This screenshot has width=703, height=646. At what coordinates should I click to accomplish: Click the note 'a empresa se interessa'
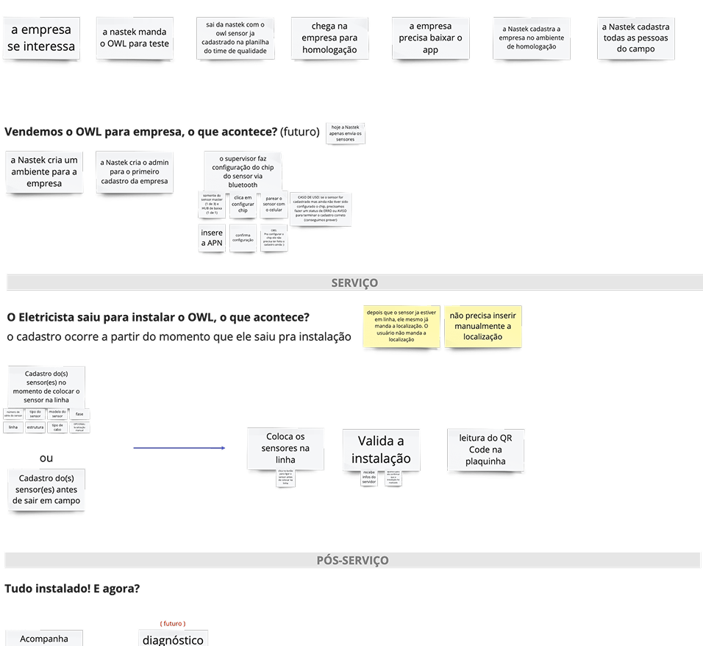tap(41, 38)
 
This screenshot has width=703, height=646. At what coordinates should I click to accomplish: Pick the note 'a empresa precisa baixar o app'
tap(430, 38)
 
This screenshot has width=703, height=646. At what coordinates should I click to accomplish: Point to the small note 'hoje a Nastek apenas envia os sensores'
tap(346, 133)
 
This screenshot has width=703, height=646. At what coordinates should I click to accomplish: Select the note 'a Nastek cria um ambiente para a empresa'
tap(44, 171)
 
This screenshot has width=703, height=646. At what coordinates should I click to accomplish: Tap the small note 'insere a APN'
tap(212, 238)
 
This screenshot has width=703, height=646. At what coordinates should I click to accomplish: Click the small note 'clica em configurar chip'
tap(243, 205)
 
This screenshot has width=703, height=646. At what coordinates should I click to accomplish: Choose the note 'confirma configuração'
tap(243, 238)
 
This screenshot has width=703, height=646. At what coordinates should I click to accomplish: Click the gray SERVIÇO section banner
tap(354, 283)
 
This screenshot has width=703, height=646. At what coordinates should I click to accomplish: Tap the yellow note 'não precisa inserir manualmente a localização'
tap(482, 326)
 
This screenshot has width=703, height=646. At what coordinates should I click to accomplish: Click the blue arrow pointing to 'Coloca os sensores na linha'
tap(179, 447)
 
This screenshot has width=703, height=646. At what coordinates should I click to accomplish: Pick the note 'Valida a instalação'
tap(380, 450)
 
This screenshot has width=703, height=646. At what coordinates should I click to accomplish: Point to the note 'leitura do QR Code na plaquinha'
tap(486, 450)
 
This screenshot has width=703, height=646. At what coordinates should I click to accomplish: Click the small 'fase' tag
tap(79, 413)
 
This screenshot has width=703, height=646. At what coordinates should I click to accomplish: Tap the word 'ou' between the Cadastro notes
tap(46, 458)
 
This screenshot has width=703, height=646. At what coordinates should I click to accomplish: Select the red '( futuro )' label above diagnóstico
tap(172, 623)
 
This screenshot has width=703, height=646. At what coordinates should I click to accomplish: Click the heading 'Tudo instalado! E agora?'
tap(72, 589)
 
